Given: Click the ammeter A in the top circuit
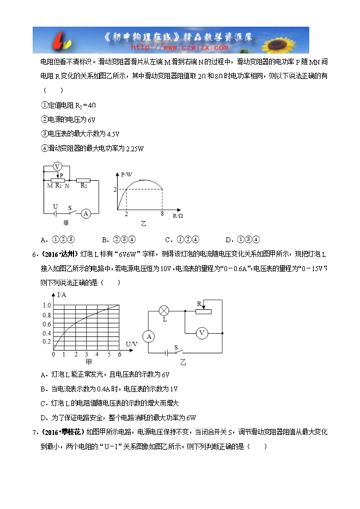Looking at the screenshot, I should tap(86, 214).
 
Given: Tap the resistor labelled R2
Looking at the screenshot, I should tap(83, 179).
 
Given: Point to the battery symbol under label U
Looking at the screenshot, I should tap(54, 214).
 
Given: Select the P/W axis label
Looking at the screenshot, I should tap(126, 174).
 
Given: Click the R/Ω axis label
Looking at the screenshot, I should tap(178, 216).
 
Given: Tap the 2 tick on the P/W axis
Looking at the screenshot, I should tap(115, 189).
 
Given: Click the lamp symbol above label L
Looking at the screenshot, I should tap(163, 311).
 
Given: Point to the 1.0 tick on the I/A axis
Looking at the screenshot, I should tap(46, 305).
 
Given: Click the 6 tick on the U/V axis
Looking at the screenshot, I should tap(119, 354).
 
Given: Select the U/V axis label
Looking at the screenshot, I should tap(132, 344).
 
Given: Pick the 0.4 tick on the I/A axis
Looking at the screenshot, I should tap(46, 333).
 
